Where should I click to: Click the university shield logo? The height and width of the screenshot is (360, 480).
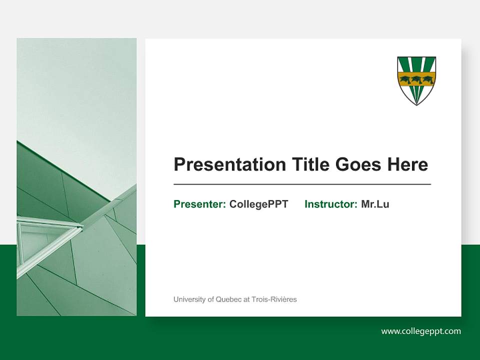pos(416,80)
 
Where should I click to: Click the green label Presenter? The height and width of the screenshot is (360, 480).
pos(199,204)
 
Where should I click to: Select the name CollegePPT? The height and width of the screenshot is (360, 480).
pos(258,204)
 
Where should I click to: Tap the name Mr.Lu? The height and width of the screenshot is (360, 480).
pos(375,204)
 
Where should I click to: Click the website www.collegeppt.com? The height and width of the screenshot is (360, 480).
pos(421,331)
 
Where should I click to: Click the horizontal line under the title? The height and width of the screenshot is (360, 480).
pos(302,184)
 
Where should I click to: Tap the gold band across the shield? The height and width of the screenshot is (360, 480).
pos(416,78)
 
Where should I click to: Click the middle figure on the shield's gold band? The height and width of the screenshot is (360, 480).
pos(416,78)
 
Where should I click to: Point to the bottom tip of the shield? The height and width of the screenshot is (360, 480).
pos(416,104)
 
